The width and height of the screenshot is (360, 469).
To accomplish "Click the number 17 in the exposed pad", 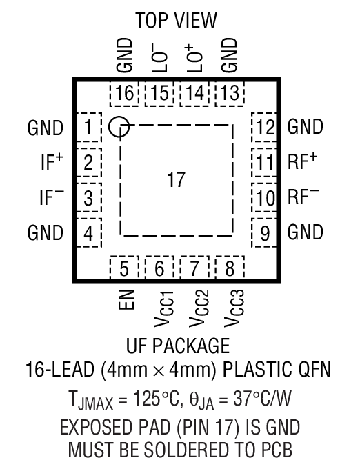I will coord(177,181).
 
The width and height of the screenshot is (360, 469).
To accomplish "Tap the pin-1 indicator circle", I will coord(119,126).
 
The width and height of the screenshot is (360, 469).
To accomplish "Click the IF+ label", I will coord(50,162).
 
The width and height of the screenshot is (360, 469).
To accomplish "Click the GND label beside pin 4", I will coord(46,232).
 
